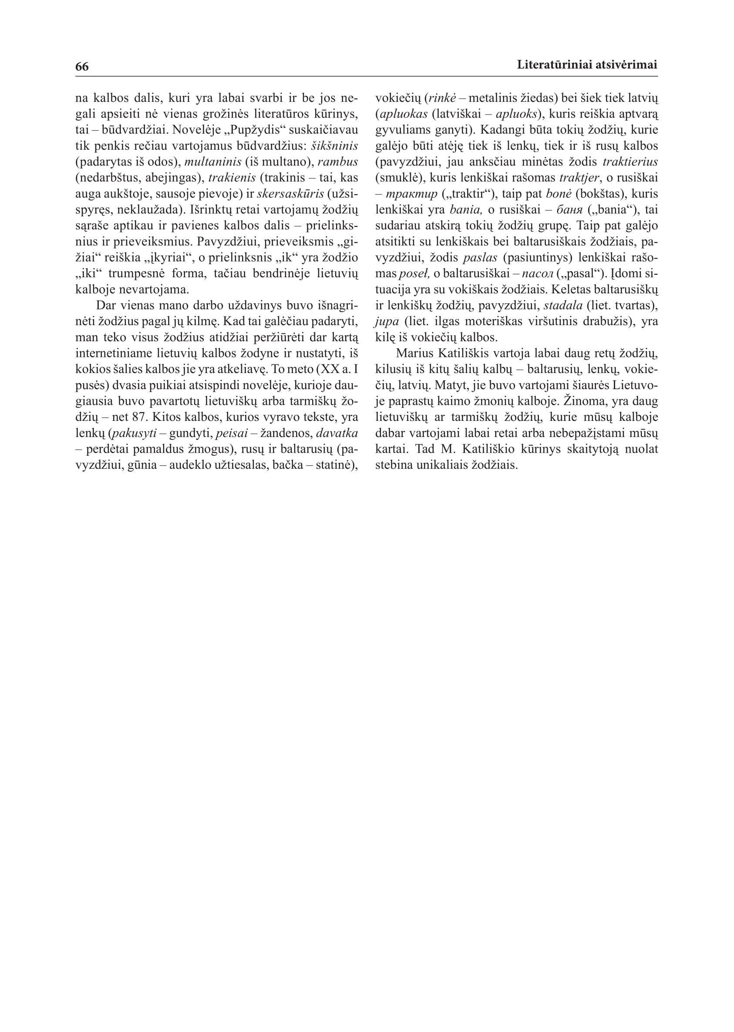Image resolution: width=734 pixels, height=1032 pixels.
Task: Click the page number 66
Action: point(82,67)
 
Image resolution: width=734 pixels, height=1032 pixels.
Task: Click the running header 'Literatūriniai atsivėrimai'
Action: point(587,65)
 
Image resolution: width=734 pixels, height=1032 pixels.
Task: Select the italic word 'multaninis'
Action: point(213,162)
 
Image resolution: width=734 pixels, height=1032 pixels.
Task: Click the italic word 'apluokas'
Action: point(403,114)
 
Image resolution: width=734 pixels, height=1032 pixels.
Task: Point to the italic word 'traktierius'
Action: point(630,162)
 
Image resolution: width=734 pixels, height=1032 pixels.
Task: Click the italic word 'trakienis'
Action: point(232,178)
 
